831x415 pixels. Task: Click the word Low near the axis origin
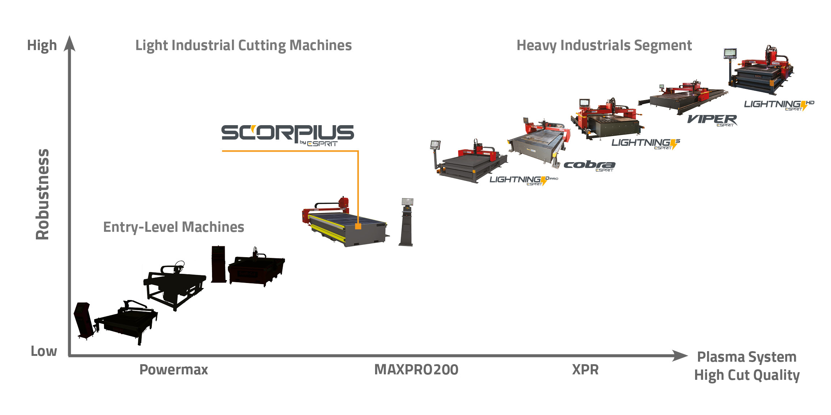click(44, 351)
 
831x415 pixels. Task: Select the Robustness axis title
click(42, 194)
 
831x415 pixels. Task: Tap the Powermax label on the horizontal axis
click(174, 370)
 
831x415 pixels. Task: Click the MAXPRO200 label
click(416, 370)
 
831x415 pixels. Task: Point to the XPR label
click(585, 370)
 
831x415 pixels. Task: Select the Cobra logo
click(590, 166)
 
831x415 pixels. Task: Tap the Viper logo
click(712, 120)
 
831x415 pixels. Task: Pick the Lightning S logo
click(645, 143)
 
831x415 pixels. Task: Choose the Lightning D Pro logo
click(523, 180)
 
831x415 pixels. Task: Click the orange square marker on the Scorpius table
click(358, 226)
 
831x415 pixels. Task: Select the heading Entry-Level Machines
click(174, 227)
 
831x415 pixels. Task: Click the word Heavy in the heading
click(536, 46)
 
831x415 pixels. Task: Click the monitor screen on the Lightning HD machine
click(730, 53)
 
